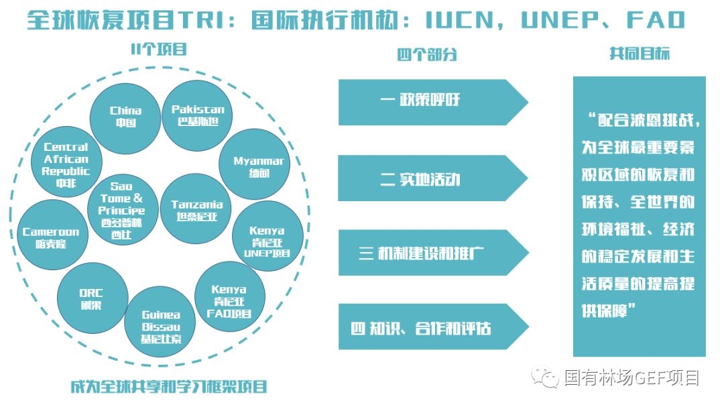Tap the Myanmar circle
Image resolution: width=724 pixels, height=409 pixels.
click(x=255, y=164)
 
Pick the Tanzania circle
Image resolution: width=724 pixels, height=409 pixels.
click(x=196, y=209)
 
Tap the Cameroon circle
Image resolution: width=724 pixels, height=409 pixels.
click(x=51, y=237)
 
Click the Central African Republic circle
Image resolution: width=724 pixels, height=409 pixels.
click(x=66, y=163)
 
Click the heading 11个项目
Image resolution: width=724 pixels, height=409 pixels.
click(x=158, y=50)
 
